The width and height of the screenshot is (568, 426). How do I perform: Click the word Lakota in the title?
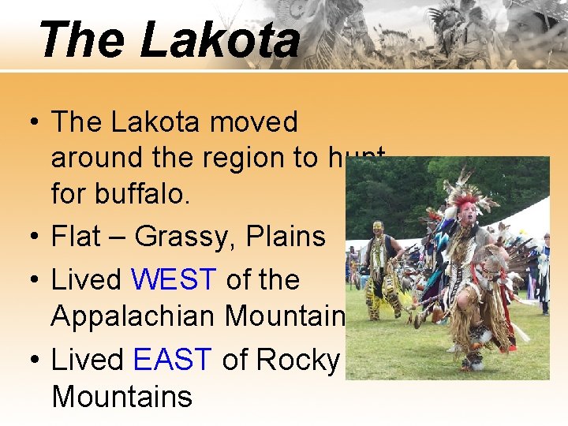(x=219, y=39)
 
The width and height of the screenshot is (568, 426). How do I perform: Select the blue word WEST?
(x=174, y=279)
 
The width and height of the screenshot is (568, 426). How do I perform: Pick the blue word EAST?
(x=173, y=360)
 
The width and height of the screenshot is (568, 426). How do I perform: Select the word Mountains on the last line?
(x=121, y=396)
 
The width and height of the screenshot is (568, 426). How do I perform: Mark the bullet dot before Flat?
(x=33, y=237)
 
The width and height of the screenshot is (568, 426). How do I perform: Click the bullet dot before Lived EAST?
(x=33, y=361)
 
